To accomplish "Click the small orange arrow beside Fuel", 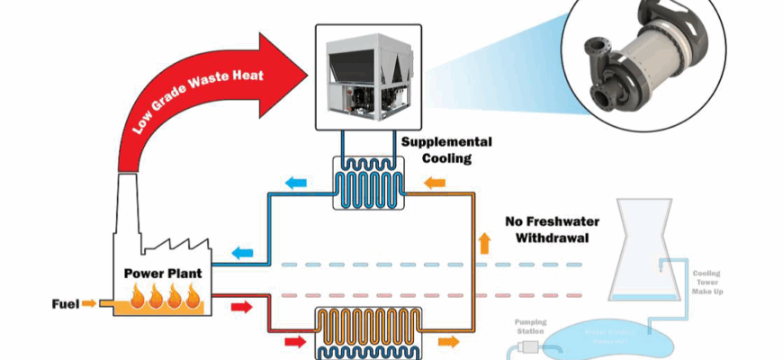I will (89, 304).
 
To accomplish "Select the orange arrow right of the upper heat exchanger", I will (435, 184).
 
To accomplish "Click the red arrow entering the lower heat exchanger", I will (293, 341).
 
